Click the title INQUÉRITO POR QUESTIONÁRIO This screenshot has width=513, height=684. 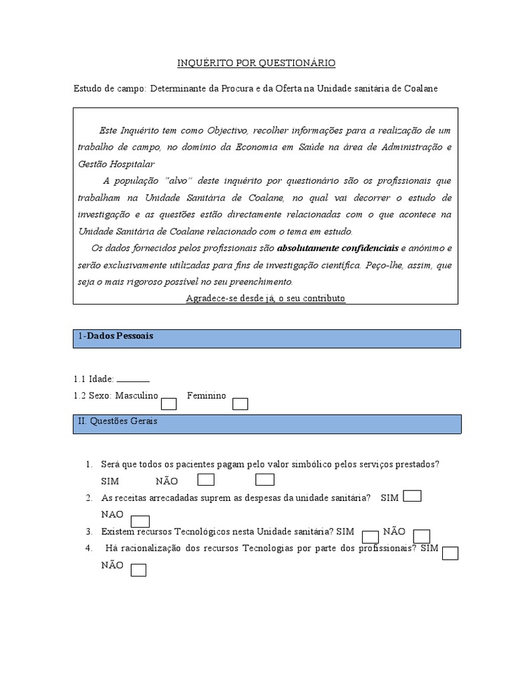(x=256, y=63)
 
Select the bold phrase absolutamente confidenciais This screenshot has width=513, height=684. (x=337, y=248)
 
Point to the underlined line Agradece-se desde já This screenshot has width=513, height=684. (x=265, y=298)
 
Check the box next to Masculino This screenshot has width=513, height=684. (x=169, y=403)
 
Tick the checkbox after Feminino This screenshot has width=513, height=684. (x=240, y=403)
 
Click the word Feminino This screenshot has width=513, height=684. (x=206, y=395)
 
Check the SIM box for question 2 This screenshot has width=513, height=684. (x=413, y=496)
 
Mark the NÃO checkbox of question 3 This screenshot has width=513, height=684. (x=421, y=536)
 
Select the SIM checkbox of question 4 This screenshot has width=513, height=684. (x=450, y=552)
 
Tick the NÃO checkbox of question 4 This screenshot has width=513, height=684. (x=138, y=570)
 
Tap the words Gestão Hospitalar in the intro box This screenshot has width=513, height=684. (x=116, y=164)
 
